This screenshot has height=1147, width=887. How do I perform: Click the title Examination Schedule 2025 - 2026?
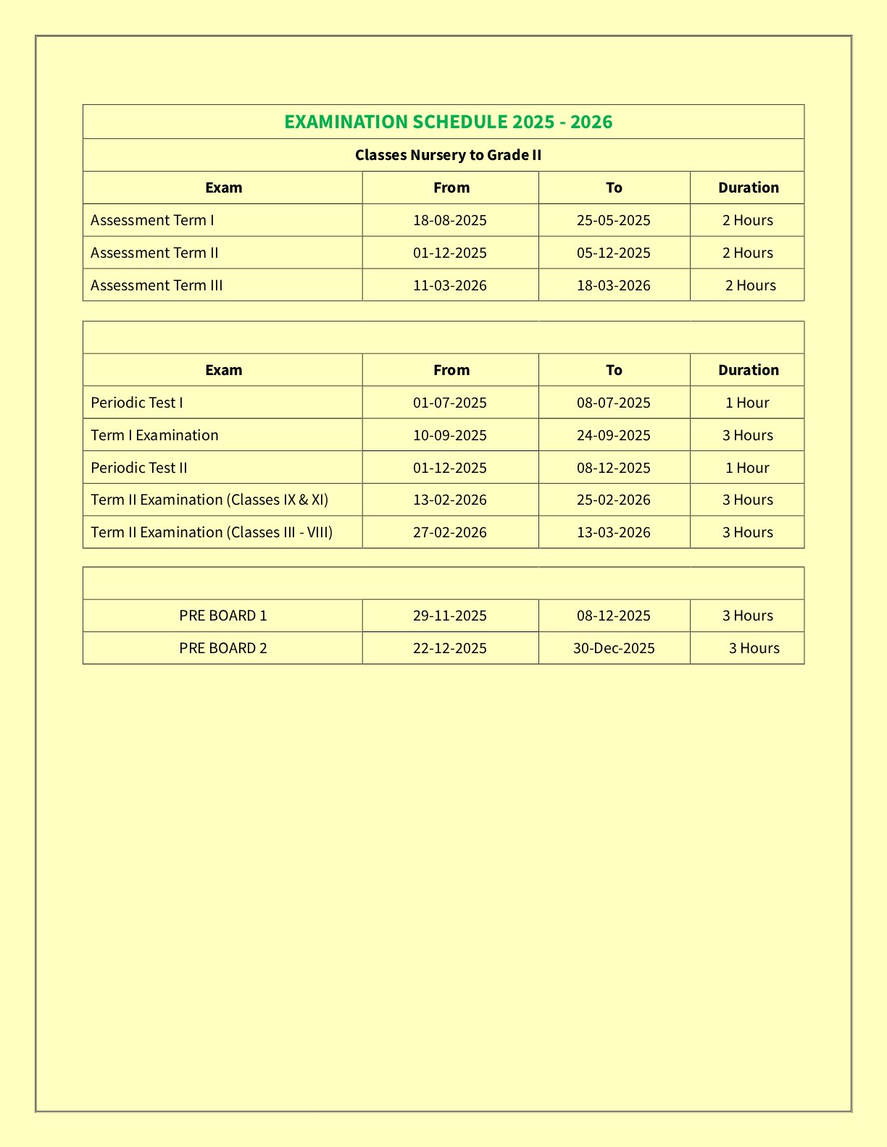pos(449,122)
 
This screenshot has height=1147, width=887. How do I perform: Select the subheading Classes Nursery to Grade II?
pos(449,155)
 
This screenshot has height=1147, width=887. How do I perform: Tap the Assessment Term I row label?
pos(152,220)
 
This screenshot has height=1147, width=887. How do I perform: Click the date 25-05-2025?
pos(613,220)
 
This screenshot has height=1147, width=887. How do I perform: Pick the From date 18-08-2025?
pos(450,220)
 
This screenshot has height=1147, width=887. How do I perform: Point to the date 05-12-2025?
pos(613,253)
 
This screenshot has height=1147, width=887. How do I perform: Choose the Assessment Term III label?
pos(157,285)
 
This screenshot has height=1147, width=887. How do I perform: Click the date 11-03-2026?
pos(450,285)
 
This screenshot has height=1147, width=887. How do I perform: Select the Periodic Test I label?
pos(137,403)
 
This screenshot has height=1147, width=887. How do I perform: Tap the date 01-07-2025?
pos(450,403)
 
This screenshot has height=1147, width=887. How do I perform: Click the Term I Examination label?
pos(154,435)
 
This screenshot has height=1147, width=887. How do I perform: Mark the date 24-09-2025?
pos(613,435)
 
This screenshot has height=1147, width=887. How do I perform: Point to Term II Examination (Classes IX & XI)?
pos(209,500)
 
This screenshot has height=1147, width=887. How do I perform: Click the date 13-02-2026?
pos(450,500)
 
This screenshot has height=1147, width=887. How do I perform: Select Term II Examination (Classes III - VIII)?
pos(212,532)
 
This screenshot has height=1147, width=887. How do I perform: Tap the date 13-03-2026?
pos(613,532)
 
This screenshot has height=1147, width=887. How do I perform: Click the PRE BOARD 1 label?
pos(223,615)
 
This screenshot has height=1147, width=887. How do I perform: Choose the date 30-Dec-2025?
pos(614,648)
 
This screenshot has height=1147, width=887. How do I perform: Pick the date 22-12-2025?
pos(450,648)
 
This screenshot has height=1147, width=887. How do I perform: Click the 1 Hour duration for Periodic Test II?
pos(747,468)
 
